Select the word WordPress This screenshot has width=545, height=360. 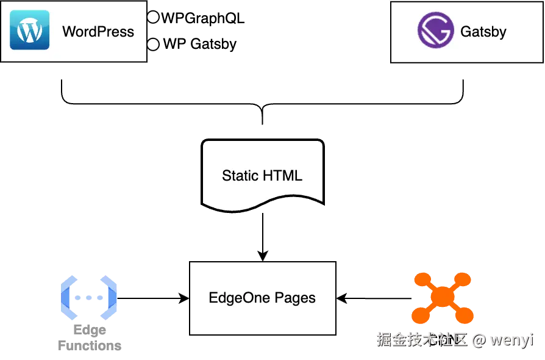pyautogui.click(x=98, y=32)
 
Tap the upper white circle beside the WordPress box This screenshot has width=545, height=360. pyautogui.click(x=153, y=17)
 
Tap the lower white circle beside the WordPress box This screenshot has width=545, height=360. pyautogui.click(x=153, y=44)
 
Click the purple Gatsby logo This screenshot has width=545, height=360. pyautogui.click(x=435, y=31)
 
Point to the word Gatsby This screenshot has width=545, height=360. pyautogui.click(x=483, y=32)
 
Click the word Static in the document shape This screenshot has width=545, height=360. pyautogui.click(x=240, y=176)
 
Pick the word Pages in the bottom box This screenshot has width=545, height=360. pyautogui.click(x=295, y=298)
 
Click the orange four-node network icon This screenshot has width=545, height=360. pyautogui.click(x=443, y=297)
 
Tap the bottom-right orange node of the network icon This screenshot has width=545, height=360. pyautogui.click(x=466, y=316)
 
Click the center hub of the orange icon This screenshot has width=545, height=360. pyautogui.click(x=443, y=297)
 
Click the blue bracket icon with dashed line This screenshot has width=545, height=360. pyautogui.click(x=89, y=298)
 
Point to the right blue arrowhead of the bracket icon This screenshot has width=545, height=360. pyautogui.click(x=113, y=298)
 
